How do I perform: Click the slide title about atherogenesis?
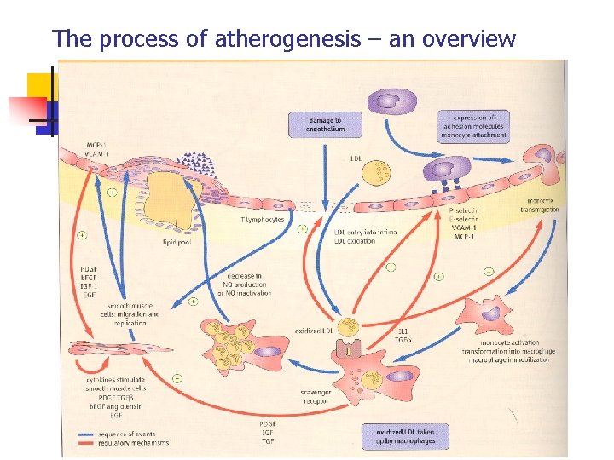click(284, 38)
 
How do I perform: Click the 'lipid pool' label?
click(177, 242)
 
